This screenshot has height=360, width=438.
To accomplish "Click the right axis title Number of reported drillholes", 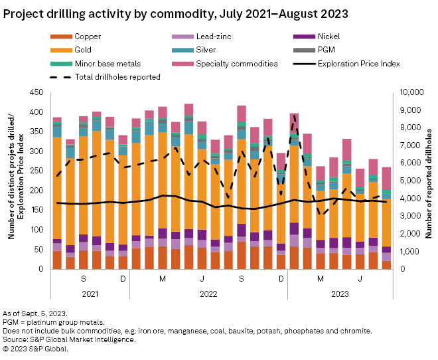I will pyautogui.click(x=429, y=181).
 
